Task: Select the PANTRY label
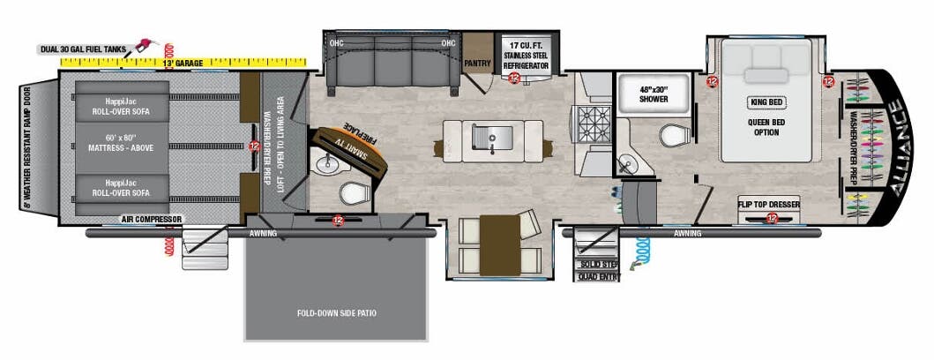pyautogui.click(x=477, y=63)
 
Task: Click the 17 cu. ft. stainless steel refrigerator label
pyautogui.click(x=527, y=55)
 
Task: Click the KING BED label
pyautogui.click(x=765, y=102)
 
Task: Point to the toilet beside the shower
pyautogui.click(x=676, y=136)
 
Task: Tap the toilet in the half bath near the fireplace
pyautogui.click(x=356, y=192)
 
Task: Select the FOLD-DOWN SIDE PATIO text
pyautogui.click(x=338, y=313)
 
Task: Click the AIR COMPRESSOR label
pyautogui.click(x=152, y=219)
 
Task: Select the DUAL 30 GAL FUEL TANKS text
pyautogui.click(x=83, y=49)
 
